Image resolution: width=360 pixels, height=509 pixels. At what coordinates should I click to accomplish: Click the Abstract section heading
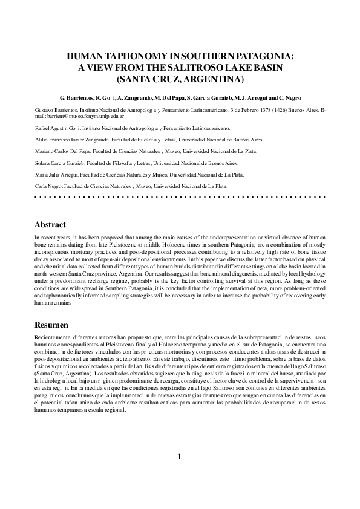click(50, 225)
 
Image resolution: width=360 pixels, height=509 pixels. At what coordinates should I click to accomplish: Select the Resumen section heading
click(51, 324)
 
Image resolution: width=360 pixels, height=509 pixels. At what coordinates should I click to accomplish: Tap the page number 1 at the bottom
click(180, 473)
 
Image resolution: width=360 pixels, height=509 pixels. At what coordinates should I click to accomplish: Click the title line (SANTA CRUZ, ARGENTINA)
click(180, 79)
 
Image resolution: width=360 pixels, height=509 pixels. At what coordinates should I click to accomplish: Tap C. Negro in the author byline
click(298, 97)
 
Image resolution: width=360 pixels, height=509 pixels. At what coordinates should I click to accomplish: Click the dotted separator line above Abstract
click(180, 198)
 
